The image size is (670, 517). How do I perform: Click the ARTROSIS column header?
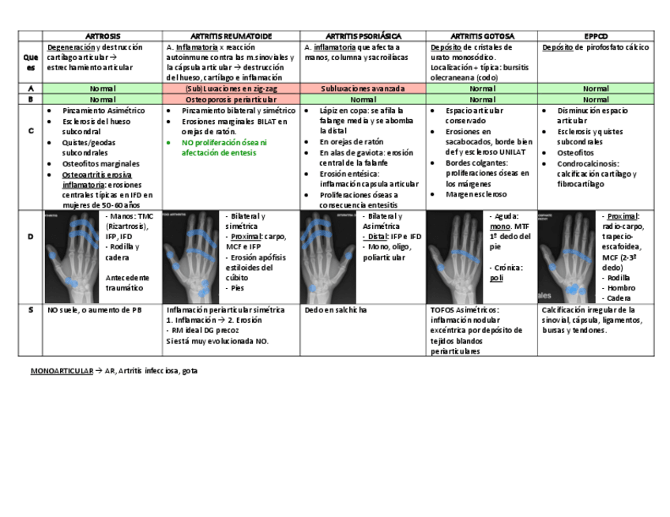[x=103, y=36]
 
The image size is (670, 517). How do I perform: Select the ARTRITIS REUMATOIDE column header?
[x=231, y=36]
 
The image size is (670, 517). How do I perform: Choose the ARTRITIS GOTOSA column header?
[x=482, y=36]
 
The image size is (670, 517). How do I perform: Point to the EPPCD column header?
[x=596, y=36]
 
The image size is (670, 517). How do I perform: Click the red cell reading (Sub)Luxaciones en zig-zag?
[x=231, y=88]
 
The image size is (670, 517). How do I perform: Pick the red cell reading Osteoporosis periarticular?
[x=231, y=99]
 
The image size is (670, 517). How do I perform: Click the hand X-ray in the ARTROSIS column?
[x=73, y=257]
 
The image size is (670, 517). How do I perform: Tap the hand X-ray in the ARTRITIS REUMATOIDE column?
[x=190, y=257]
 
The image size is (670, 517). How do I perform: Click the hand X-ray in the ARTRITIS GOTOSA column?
[x=455, y=257]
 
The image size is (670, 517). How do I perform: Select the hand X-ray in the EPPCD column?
[x=569, y=257]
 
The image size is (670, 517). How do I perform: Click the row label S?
[x=31, y=310]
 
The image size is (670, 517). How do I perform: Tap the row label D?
[x=31, y=236]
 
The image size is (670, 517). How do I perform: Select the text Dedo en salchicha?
[x=334, y=310]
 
